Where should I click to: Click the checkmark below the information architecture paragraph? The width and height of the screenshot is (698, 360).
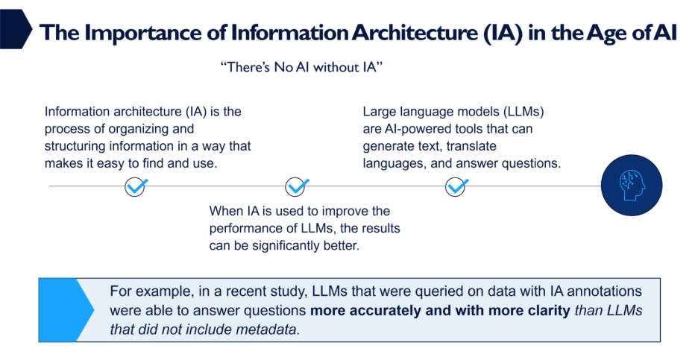(135, 186)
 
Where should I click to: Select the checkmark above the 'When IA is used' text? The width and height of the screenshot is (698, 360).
(297, 186)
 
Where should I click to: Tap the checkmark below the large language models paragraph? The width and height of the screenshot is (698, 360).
(456, 186)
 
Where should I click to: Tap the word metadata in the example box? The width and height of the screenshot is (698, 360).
(271, 329)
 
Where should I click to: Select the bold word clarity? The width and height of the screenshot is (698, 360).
(542, 310)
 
